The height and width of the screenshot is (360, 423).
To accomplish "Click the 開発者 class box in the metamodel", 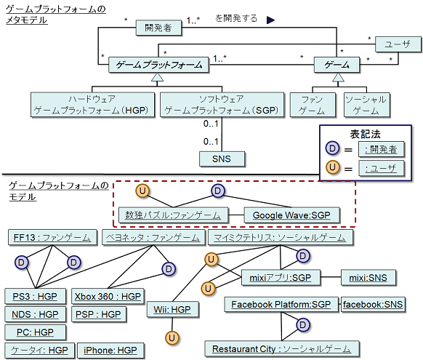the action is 158,28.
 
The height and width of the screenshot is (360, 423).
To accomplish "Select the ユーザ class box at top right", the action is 398,44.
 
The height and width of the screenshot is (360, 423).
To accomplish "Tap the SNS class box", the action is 222,159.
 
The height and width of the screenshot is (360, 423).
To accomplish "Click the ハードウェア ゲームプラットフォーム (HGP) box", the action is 92,105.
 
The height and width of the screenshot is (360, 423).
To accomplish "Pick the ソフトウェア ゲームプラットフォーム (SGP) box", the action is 222,105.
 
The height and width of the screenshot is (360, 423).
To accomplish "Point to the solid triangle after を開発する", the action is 270,20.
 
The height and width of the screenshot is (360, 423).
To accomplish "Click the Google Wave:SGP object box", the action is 291,215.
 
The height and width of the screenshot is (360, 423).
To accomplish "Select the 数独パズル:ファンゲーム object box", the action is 173,215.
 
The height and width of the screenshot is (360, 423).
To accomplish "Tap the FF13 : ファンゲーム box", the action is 52,238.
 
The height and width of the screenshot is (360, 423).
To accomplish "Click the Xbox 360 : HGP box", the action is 108,297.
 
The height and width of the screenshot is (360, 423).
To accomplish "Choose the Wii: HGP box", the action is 173,309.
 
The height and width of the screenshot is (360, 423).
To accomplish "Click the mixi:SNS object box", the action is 368,277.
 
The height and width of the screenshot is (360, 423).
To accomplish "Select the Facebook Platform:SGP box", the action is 281,305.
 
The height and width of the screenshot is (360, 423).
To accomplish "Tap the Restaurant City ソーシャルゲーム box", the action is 282,349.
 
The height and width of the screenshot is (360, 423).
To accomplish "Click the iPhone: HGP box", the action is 110,351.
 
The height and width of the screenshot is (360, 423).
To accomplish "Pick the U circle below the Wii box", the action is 172,338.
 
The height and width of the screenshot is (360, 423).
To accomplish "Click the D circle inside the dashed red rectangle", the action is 218,191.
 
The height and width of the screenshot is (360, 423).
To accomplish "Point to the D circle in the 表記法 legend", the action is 332,148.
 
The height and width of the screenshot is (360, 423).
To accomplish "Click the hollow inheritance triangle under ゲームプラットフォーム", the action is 157,77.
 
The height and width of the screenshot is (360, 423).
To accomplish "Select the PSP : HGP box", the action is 98,314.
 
